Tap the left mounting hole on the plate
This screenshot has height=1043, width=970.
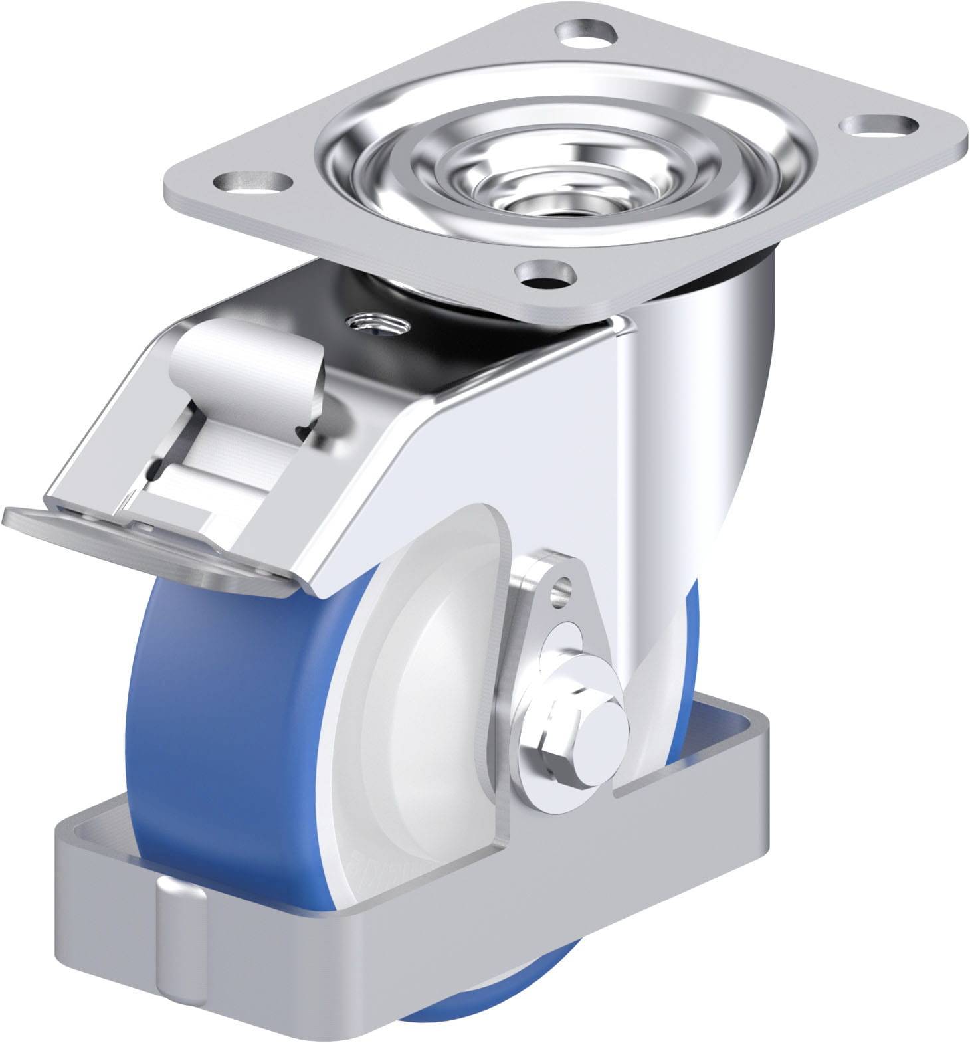point(254,181)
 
